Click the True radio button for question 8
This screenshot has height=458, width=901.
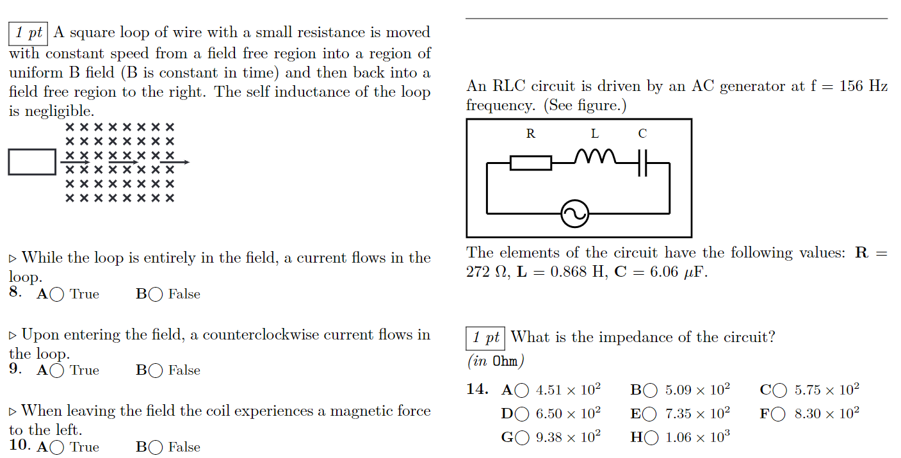(57, 295)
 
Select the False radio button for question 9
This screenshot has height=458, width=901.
(155, 371)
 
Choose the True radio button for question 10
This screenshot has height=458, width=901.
(57, 448)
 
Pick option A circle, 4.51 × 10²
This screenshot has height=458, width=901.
(523, 390)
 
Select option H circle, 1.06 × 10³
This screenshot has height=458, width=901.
(653, 438)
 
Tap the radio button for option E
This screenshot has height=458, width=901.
(651, 414)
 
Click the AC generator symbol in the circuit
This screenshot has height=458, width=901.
(574, 214)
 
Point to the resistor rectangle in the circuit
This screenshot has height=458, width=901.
(531, 163)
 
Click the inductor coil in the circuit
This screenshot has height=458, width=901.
(595, 157)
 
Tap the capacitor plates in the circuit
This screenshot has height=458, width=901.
(644, 163)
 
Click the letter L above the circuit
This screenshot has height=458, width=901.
(595, 133)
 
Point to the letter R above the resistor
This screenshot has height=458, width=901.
(531, 133)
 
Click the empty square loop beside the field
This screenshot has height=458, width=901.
(32, 161)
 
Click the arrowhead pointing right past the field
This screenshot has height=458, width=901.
(185, 162)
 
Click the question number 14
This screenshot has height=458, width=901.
(477, 389)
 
